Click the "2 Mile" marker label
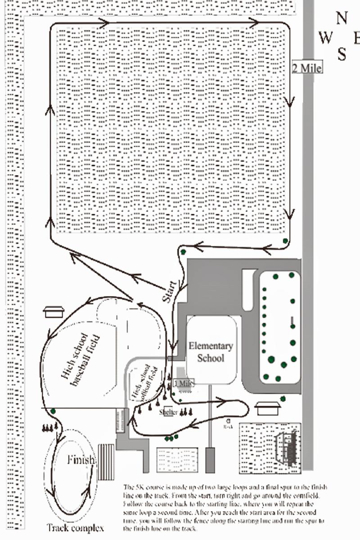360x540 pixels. (307, 68)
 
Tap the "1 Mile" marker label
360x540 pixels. (184, 383)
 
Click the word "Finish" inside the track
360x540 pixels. (81, 460)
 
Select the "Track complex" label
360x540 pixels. (76, 528)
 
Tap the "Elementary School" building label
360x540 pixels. (211, 352)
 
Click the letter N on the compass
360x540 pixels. (342, 18)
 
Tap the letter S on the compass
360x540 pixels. (342, 55)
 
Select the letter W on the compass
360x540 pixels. (325, 38)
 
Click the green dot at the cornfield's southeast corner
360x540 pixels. (285, 241)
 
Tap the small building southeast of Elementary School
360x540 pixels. (267, 408)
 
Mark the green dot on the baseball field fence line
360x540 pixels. (53, 410)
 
